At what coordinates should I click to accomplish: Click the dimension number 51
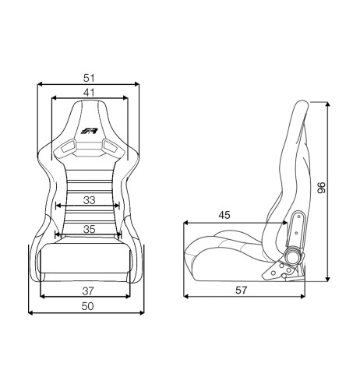coord(89,78)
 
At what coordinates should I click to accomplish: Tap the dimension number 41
coord(89,93)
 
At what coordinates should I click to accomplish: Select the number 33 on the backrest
coord(89,200)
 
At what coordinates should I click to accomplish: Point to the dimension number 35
coord(89,229)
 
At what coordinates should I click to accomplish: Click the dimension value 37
coord(88,291)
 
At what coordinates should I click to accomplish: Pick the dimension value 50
coord(87,306)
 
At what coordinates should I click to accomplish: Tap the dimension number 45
coord(224,215)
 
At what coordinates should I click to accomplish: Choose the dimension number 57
coord(242,290)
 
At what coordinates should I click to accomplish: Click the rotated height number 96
coord(321,188)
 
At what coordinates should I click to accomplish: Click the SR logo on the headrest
coord(89,131)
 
